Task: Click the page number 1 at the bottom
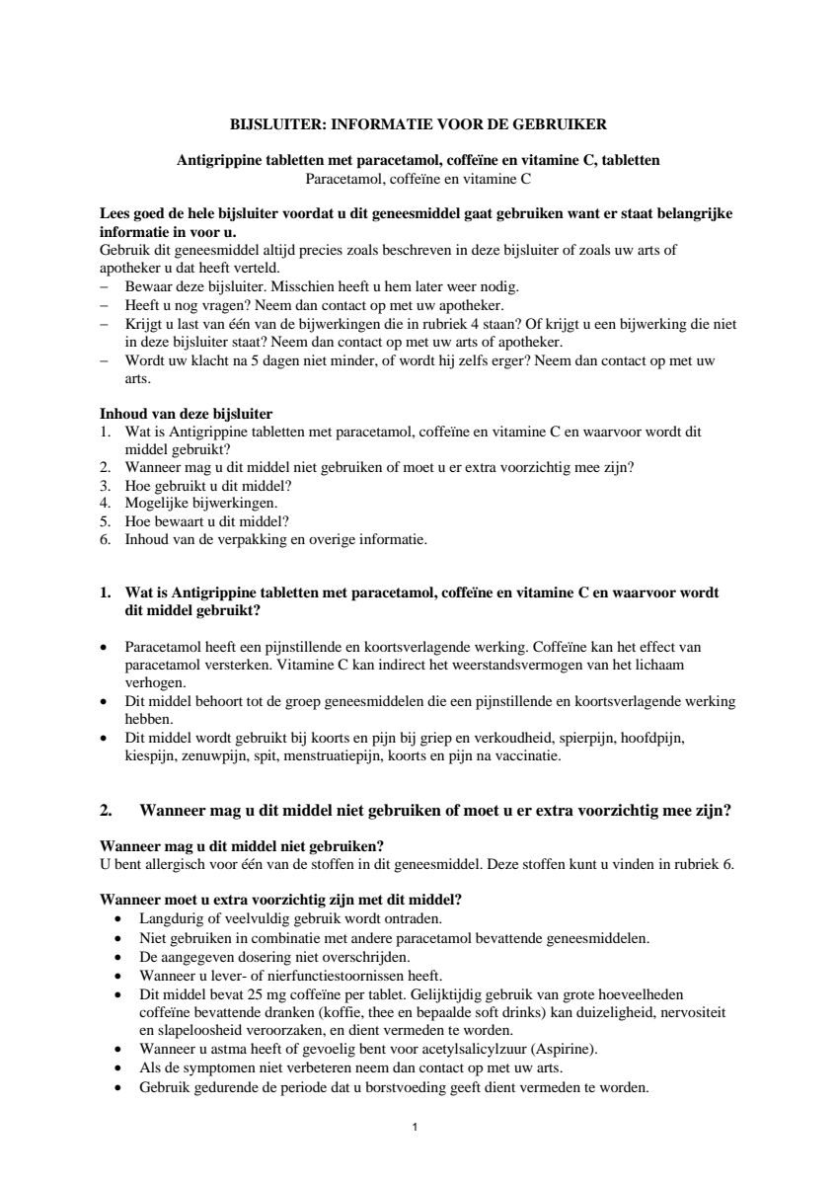click(417, 1126)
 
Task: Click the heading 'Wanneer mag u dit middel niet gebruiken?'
click(242, 846)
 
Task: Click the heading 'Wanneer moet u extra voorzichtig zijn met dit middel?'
click(281, 900)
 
